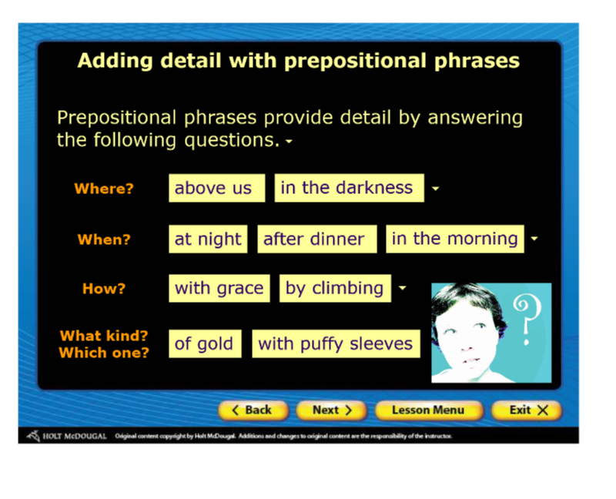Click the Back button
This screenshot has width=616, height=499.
click(253, 410)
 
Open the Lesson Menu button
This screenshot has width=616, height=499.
click(428, 410)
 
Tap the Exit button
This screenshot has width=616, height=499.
click(527, 410)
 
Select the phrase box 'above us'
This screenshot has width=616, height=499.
click(217, 188)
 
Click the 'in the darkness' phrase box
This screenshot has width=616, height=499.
click(350, 188)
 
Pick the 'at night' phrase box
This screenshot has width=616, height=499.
click(208, 239)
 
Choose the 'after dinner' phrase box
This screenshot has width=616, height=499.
click(317, 239)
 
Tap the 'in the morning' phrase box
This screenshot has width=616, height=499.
click(455, 239)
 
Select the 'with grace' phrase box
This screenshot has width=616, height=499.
click(219, 289)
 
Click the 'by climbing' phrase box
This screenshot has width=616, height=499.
click(335, 289)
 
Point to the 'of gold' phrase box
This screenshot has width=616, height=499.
click(205, 343)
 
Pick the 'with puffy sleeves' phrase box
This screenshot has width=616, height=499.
click(336, 343)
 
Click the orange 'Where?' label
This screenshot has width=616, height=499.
click(104, 189)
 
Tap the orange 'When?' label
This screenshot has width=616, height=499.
click(104, 239)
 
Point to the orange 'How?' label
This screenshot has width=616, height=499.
click(104, 289)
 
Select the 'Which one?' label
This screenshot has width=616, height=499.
click(104, 353)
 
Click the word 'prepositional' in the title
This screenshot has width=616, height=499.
click(355, 62)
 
